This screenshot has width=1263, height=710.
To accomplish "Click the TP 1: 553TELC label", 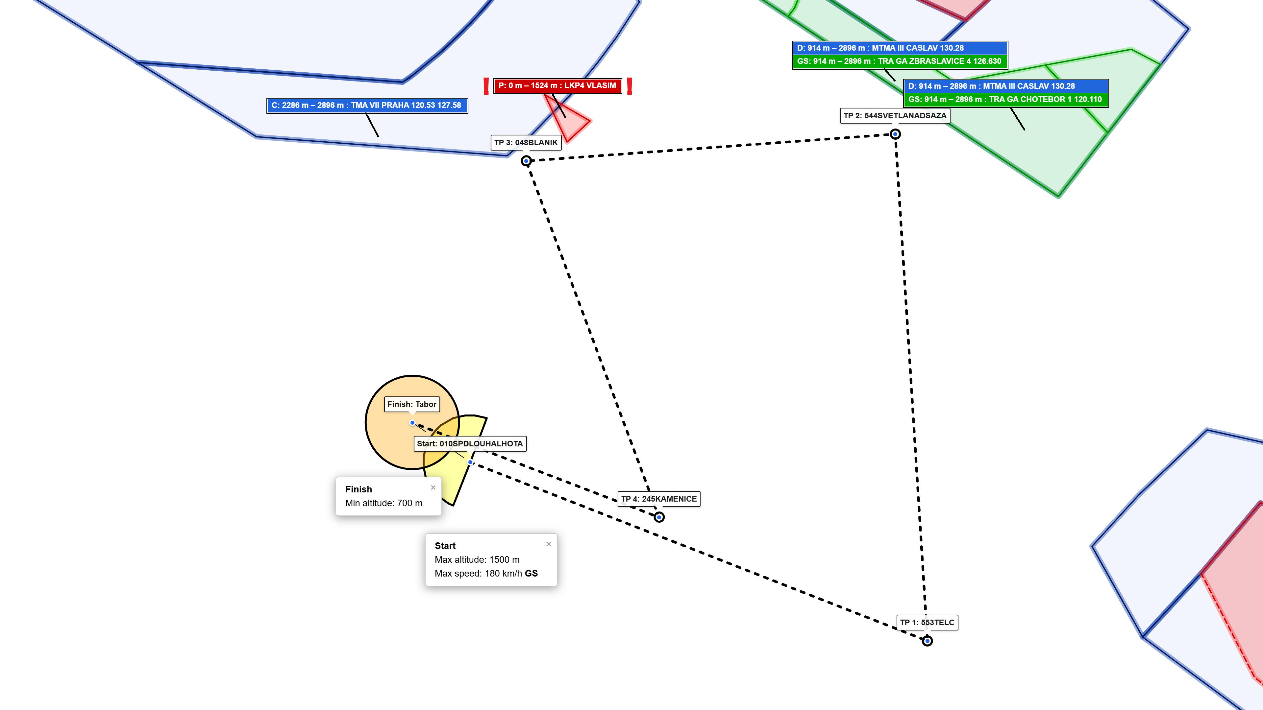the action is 927,622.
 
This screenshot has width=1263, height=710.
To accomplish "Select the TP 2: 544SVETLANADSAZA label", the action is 895,116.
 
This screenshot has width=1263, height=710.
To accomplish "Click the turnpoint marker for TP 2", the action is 895,134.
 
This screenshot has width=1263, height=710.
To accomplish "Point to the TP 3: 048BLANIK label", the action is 526,143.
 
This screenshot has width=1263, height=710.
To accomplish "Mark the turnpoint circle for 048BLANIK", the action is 526,161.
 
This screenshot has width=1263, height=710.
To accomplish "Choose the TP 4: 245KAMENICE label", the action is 659,499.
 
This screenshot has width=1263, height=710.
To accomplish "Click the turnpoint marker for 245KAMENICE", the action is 659,517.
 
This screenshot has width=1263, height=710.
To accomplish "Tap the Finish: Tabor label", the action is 412,404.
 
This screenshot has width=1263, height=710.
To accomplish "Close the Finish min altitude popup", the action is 433,487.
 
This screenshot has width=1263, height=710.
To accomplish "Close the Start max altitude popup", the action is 549,544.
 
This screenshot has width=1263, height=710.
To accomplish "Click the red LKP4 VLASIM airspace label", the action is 557,86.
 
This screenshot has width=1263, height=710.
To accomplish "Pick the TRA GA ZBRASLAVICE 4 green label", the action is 900,61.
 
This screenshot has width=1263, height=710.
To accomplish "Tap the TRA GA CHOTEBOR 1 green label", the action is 1005,100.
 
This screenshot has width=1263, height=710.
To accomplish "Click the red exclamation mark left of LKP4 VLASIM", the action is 486,86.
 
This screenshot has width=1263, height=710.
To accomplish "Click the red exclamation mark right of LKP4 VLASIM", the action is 630,86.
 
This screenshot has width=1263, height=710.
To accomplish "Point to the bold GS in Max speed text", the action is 531,573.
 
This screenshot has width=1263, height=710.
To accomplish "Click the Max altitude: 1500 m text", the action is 477,559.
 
